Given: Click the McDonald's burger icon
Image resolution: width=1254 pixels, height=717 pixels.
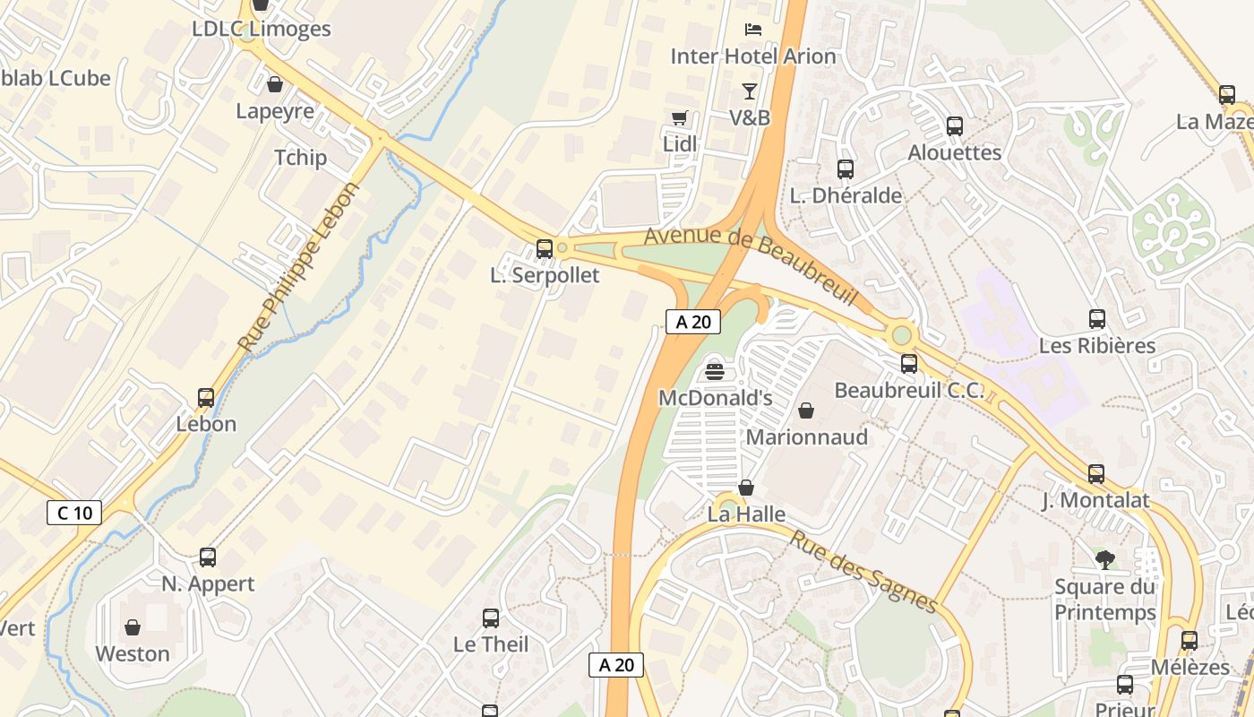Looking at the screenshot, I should (x=715, y=370).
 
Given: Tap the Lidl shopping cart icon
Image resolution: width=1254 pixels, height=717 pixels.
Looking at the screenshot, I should (x=680, y=118).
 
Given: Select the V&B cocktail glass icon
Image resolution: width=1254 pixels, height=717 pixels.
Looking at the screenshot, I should (x=749, y=91).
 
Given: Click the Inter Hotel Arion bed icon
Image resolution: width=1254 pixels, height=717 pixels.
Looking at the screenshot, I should (x=753, y=29).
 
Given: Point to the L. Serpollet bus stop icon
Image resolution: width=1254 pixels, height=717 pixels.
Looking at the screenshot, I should (x=544, y=249).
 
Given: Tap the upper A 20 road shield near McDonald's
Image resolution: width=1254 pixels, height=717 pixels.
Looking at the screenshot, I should (x=693, y=322).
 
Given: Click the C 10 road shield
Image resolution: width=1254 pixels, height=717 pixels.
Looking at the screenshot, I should (x=74, y=513).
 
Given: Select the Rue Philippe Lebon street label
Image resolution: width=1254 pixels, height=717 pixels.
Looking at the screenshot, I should (x=298, y=267).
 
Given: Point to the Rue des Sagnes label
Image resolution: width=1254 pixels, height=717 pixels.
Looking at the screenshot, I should (x=863, y=571).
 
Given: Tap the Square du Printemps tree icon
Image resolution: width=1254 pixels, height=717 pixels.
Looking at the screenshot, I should (x=1105, y=560).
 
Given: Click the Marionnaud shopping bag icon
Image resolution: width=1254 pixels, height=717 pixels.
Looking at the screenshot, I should (x=806, y=410).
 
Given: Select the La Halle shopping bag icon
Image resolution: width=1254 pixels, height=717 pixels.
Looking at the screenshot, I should (x=745, y=488).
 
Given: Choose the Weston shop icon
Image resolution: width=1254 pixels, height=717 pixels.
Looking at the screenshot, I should (x=133, y=627).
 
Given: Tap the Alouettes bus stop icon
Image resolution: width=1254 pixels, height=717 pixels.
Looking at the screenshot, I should (x=955, y=126).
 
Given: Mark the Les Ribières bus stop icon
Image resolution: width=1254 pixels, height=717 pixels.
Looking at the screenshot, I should (x=1097, y=319).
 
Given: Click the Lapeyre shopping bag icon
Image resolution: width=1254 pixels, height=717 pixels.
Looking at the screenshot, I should (x=275, y=84).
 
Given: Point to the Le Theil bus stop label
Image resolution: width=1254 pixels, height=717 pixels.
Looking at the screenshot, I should (x=491, y=644).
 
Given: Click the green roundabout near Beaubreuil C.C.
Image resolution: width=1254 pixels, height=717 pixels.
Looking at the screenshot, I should (x=902, y=335).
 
